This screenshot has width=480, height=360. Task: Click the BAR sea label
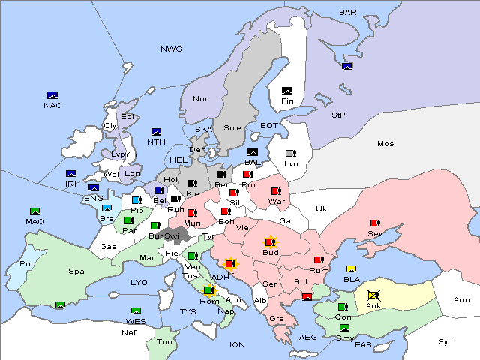(348, 12)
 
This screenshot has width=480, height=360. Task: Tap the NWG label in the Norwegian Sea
(171, 49)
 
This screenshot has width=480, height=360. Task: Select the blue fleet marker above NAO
(52, 95)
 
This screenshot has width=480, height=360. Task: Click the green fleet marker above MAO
(34, 212)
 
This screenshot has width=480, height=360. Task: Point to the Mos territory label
(385, 143)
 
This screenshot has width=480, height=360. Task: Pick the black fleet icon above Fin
(286, 91)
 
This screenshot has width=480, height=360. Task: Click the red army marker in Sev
(376, 223)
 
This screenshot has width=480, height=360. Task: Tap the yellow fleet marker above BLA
(351, 269)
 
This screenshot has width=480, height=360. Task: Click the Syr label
(445, 341)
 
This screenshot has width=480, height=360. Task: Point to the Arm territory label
(461, 300)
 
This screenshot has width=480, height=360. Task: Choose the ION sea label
(237, 344)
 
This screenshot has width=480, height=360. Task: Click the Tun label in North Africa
(164, 342)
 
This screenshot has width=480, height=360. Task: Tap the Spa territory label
(76, 271)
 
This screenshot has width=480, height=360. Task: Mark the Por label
(28, 264)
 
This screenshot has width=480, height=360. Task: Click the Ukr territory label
(323, 208)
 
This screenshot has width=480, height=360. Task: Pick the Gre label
(277, 318)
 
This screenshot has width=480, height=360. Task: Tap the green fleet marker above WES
(136, 311)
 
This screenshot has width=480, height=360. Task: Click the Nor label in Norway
(200, 98)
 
